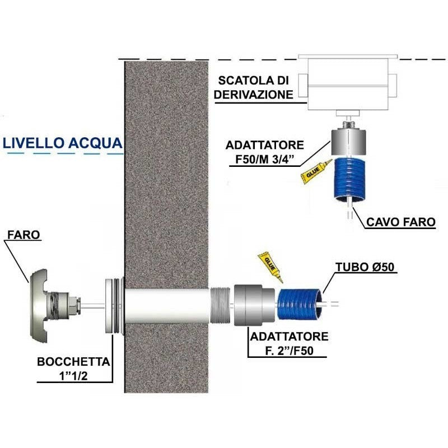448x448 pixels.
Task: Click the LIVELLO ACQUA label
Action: [63, 143]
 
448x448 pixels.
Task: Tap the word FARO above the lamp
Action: [24, 235]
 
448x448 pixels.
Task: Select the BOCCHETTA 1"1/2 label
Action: [73, 368]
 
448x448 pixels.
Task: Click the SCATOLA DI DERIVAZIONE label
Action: [254, 87]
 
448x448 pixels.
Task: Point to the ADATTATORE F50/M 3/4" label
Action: [264, 152]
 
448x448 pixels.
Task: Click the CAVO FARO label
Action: [401, 222]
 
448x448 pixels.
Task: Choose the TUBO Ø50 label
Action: [365, 267]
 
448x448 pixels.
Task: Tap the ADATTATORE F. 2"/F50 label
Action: [289, 343]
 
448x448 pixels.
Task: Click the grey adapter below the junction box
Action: [348, 143]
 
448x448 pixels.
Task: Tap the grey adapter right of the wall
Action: [254, 305]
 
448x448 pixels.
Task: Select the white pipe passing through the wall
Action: [167, 305]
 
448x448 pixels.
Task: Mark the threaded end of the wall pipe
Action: [220, 305]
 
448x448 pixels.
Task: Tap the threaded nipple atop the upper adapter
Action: [348, 125]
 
